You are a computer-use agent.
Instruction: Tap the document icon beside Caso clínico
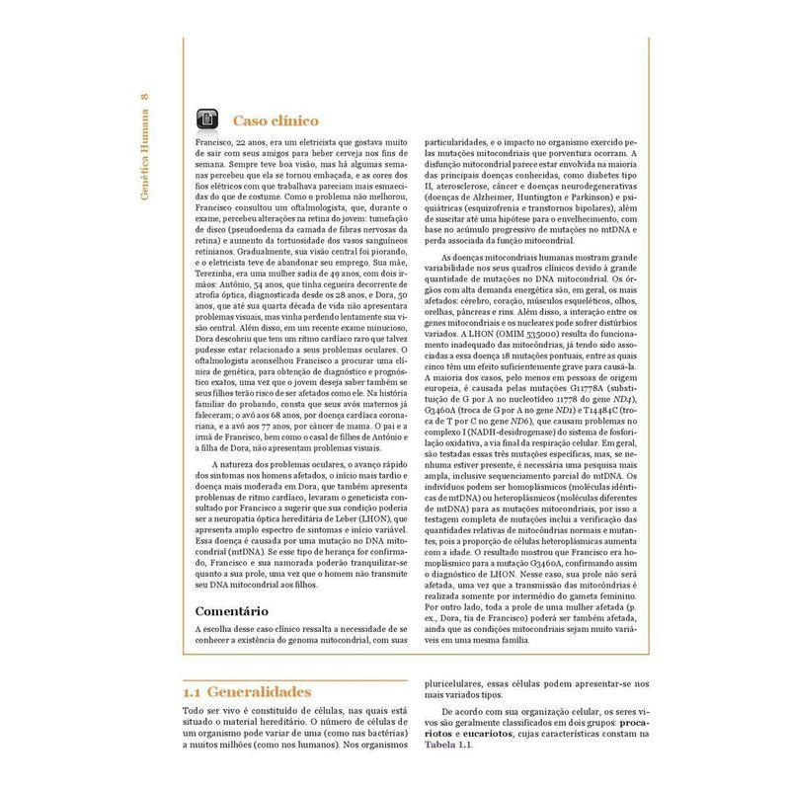click(207, 119)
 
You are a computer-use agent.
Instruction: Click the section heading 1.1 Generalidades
click(247, 691)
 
